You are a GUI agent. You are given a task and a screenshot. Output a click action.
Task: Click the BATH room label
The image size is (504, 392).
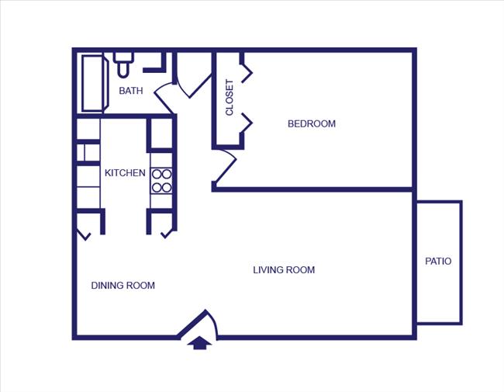[130, 91]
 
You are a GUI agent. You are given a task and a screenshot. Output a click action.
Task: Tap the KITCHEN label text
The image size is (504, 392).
[125, 173]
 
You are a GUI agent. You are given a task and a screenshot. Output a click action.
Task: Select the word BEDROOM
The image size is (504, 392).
[312, 123]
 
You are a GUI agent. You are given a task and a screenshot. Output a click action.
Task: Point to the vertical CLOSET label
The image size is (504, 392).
[230, 98]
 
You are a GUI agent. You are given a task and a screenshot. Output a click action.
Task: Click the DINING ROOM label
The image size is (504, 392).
[123, 286]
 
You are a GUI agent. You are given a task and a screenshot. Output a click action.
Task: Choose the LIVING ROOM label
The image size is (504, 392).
[284, 270]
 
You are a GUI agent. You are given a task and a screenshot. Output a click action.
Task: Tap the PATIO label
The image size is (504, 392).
[438, 262]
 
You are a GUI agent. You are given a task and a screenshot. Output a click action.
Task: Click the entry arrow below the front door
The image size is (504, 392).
[200, 342]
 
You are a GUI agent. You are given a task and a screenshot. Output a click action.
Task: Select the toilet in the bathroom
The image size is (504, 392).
[123, 64]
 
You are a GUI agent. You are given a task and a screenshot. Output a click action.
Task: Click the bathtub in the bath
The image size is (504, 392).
[92, 83]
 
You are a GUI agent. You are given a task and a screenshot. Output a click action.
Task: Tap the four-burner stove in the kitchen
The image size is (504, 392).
[161, 181]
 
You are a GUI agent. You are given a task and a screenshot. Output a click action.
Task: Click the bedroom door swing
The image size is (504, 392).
[225, 168]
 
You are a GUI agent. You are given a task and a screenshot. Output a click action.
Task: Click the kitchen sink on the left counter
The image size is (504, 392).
[88, 152]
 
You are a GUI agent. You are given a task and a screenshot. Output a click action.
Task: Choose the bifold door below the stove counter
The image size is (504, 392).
[165, 232]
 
